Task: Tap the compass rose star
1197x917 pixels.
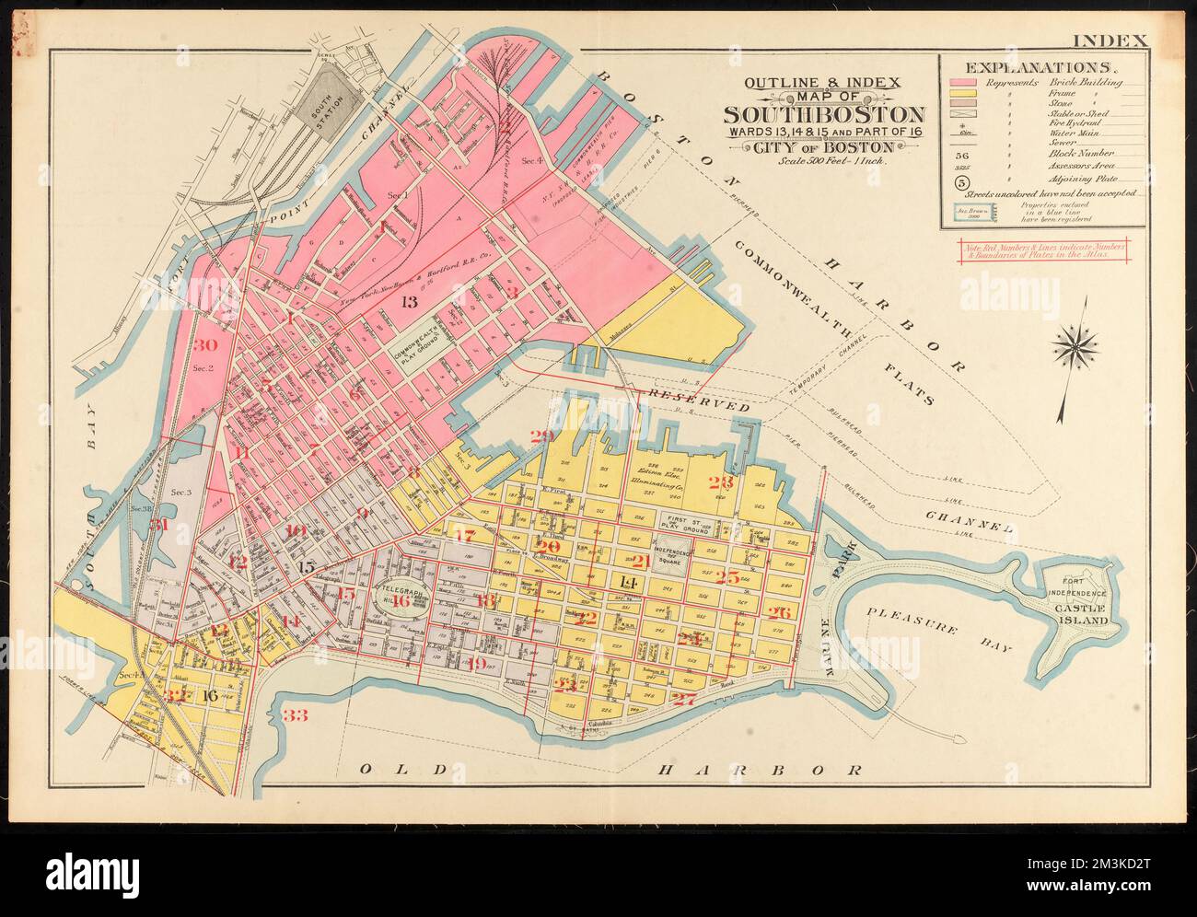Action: click(1077, 347)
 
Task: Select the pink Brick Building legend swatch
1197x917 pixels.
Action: click(964, 83)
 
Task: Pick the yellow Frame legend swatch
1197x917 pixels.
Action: click(964, 95)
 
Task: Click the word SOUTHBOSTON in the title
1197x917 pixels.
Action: click(823, 114)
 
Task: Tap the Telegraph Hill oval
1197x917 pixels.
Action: click(401, 598)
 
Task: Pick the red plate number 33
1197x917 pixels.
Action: click(295, 715)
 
